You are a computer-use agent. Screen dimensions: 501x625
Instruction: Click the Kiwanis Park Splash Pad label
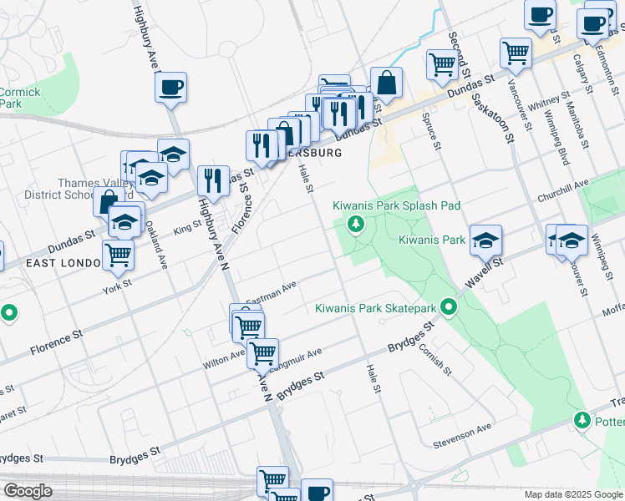coord(396,205)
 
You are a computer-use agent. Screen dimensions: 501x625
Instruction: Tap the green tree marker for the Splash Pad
coord(356,224)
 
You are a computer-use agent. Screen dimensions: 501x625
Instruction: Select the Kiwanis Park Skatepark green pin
coord(449,308)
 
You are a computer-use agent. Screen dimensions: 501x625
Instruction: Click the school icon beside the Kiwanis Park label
coord(485,241)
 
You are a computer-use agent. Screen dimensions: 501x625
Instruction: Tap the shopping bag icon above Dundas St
coord(386,83)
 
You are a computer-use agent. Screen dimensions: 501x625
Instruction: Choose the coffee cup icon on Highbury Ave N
coord(170,88)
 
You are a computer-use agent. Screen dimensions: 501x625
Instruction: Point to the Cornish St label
coord(435,359)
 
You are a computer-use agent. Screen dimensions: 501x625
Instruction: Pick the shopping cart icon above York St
coord(119,255)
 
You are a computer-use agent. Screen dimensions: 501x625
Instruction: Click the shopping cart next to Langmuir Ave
coord(262,354)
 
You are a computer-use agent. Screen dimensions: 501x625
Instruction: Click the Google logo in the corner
coord(28,491)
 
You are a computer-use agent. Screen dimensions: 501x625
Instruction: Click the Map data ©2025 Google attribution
coord(572,494)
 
